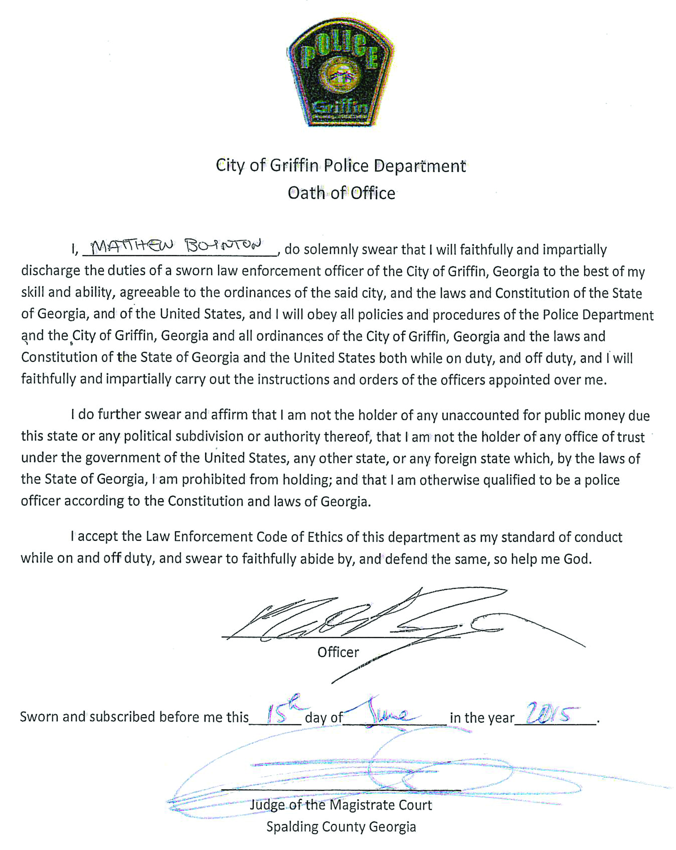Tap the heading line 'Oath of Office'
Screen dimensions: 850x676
[341, 193]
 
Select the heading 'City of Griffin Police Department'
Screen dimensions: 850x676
[341, 166]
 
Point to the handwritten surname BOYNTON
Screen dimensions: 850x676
[223, 245]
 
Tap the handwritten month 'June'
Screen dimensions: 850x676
[390, 712]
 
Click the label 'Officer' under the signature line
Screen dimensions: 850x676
[338, 652]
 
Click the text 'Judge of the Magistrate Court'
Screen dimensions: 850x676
[341, 805]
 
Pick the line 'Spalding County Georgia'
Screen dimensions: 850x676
[341, 827]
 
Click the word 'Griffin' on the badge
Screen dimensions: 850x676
[340, 107]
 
